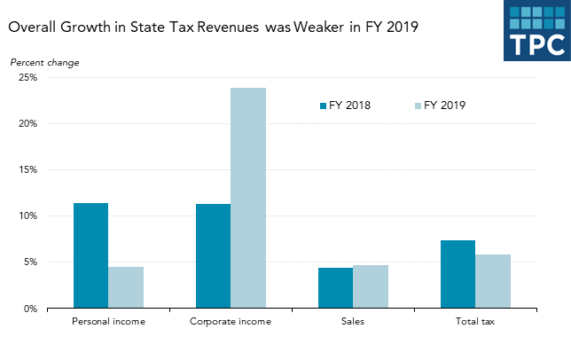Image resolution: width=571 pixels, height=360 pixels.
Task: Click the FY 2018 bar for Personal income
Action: click(90, 255)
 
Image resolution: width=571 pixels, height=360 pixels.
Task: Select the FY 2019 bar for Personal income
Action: click(126, 287)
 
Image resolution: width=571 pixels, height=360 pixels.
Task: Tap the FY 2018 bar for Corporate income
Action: click(213, 256)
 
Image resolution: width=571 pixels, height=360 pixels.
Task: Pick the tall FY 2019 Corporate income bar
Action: click(248, 198)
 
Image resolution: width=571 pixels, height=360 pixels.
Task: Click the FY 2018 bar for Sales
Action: click(335, 288)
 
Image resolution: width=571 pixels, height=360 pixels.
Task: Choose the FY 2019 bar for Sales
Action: click(371, 286)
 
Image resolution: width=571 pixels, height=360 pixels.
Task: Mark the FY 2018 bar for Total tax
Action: click(458, 274)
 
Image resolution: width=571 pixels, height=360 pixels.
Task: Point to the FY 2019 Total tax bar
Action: click(493, 281)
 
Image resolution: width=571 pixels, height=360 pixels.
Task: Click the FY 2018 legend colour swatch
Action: click(324, 106)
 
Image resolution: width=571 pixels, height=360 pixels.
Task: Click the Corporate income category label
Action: click(231, 320)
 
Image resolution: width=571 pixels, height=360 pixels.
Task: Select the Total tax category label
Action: click(475, 320)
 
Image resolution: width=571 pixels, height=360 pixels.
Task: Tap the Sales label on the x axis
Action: click(353, 320)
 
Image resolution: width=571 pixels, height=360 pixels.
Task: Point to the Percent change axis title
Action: click(44, 62)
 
